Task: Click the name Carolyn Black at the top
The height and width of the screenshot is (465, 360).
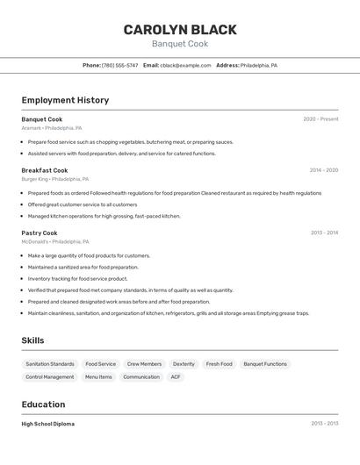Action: coord(179,30)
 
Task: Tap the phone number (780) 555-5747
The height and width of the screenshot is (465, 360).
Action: coord(119,65)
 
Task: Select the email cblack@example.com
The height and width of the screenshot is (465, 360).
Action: coord(185,65)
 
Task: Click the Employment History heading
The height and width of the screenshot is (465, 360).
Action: coord(65,100)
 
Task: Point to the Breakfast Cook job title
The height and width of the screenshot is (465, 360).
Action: coord(45,170)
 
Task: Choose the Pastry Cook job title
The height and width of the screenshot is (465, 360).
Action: coord(40,233)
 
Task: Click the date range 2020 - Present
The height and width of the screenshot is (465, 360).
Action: coord(320,119)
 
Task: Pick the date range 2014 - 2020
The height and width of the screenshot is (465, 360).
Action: coord(323,170)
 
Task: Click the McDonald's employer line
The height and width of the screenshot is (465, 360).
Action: coord(55,241)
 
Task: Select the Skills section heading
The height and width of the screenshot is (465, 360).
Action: coord(32,340)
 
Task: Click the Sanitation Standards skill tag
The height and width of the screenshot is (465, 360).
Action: coord(50,364)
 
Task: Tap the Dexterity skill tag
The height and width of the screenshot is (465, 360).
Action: coord(184,364)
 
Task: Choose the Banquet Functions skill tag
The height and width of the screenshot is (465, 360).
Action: coord(265,364)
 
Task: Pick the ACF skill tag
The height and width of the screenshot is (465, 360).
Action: coord(176,377)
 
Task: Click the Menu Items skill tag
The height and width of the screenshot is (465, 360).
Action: coord(98,377)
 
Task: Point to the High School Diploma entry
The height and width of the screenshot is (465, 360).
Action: coord(48,424)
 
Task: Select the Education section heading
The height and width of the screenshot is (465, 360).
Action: coord(43,404)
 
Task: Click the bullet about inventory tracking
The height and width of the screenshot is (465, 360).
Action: coord(77,279)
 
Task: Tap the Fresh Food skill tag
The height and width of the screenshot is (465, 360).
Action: coord(220,364)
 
